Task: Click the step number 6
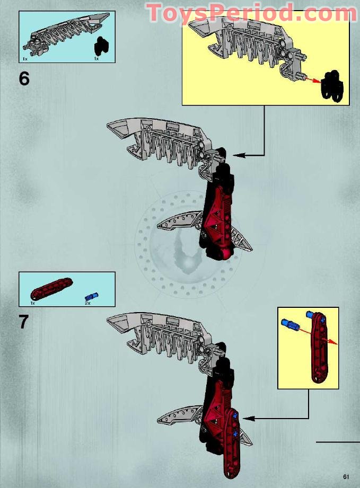(x=24, y=78)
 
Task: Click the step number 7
(x=24, y=322)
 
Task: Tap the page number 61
(x=346, y=477)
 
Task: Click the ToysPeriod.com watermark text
(x=252, y=13)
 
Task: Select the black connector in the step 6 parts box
(x=101, y=46)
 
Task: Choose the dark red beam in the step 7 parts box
(x=52, y=289)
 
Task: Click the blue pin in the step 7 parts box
(x=92, y=296)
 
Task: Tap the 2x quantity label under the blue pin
(x=87, y=303)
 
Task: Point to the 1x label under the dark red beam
(x=33, y=303)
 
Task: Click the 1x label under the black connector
(x=96, y=58)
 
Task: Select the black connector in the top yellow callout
(x=333, y=86)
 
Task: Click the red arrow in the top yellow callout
(x=312, y=79)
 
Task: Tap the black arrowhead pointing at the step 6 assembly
(x=239, y=155)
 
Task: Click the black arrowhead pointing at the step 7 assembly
(x=249, y=418)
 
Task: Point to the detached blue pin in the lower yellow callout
(x=290, y=324)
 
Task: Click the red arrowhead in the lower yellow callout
(x=333, y=343)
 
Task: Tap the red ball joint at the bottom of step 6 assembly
(x=227, y=252)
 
